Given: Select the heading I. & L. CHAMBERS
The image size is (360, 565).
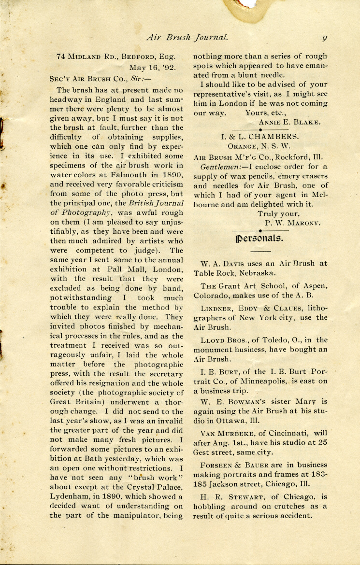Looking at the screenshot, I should coord(260,137).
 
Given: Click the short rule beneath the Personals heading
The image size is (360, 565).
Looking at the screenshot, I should coord(261,252).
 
